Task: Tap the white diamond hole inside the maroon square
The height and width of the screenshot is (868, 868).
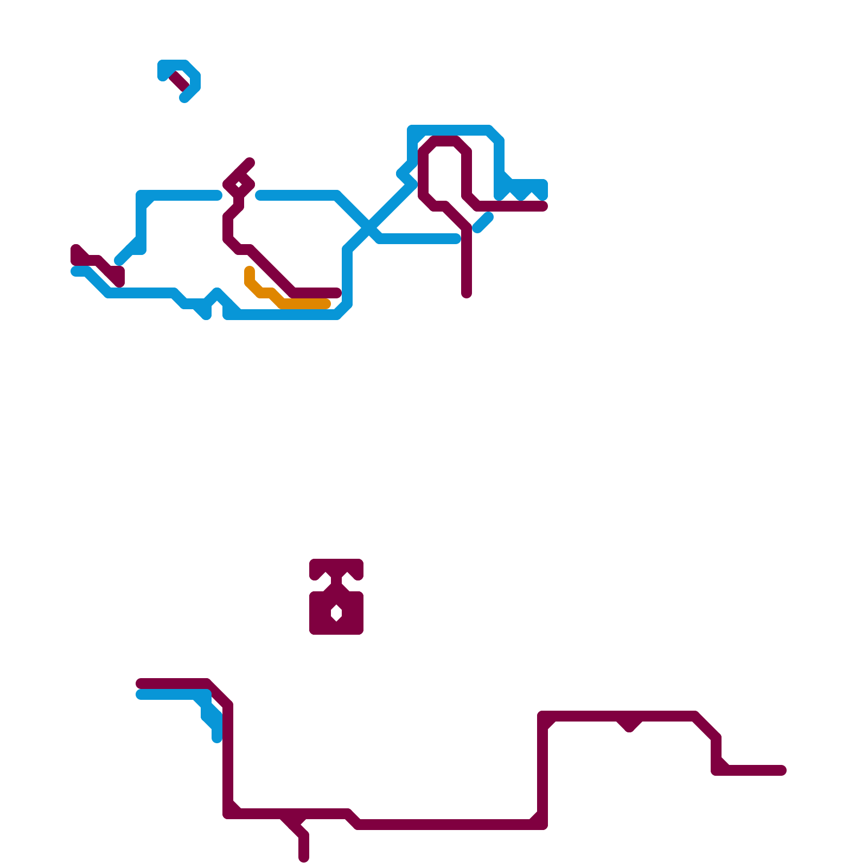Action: (336, 614)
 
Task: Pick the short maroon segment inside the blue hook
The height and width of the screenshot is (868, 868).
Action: (180, 81)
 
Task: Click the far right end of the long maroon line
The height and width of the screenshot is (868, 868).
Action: (782, 770)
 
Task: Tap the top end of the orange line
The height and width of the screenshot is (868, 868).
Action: (250, 270)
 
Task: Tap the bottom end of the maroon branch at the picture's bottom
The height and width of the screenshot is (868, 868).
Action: (304, 858)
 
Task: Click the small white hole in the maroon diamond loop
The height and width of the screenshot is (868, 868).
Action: (239, 186)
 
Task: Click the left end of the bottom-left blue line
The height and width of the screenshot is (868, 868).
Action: (140, 695)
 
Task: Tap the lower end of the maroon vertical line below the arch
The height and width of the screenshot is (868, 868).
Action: (467, 294)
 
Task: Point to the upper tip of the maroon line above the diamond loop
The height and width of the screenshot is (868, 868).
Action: (250, 162)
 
